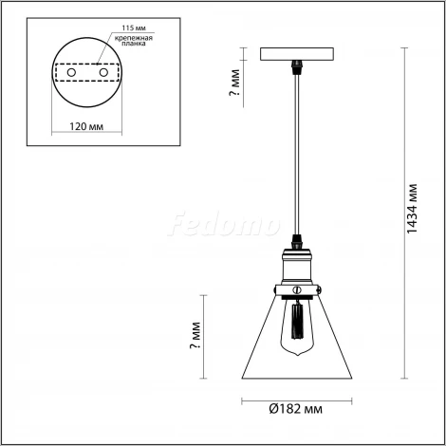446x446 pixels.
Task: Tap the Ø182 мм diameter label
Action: click(x=297, y=409)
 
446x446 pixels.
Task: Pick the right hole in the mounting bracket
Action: click(x=102, y=72)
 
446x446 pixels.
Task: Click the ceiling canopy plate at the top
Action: click(x=297, y=57)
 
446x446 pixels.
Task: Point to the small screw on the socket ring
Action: click(x=297, y=288)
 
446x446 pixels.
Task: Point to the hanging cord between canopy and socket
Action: click(x=297, y=152)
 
